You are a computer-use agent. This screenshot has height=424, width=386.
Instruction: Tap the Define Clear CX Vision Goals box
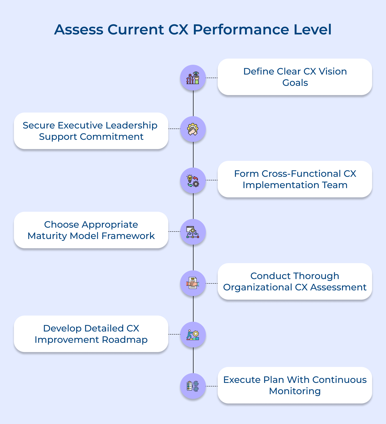point(295,77)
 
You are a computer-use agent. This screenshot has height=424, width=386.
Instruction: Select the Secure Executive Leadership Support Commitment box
point(91,131)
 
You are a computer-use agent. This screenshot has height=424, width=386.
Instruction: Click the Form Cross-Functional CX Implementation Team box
point(295,179)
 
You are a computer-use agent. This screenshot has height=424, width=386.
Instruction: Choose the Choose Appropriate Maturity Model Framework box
point(91,230)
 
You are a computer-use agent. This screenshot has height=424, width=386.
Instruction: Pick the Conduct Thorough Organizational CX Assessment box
point(295,281)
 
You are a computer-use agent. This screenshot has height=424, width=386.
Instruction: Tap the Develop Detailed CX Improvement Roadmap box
point(91,334)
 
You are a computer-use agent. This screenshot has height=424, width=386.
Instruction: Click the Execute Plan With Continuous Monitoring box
point(295,385)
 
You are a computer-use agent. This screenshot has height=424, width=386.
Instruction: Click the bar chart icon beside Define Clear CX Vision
point(193,78)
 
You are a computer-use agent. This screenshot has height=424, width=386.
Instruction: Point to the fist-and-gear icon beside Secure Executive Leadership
point(193,129)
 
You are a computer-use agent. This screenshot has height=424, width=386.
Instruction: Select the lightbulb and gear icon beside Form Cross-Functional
point(193,180)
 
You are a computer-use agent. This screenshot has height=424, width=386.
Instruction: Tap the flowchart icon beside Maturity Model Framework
point(193,232)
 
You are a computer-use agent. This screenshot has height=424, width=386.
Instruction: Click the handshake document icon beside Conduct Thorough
point(193,283)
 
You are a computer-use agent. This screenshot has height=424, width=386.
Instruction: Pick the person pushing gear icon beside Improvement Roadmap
point(193,335)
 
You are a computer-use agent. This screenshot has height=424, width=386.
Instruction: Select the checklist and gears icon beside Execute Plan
point(193,386)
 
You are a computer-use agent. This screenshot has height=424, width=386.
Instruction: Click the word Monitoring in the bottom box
point(295,391)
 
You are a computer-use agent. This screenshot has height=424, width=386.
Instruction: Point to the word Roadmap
point(125,340)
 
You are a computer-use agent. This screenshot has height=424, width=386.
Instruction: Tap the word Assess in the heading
point(78,30)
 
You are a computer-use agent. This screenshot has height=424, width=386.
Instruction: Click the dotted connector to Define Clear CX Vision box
point(212,78)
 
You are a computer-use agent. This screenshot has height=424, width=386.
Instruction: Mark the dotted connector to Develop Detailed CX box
point(174,334)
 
